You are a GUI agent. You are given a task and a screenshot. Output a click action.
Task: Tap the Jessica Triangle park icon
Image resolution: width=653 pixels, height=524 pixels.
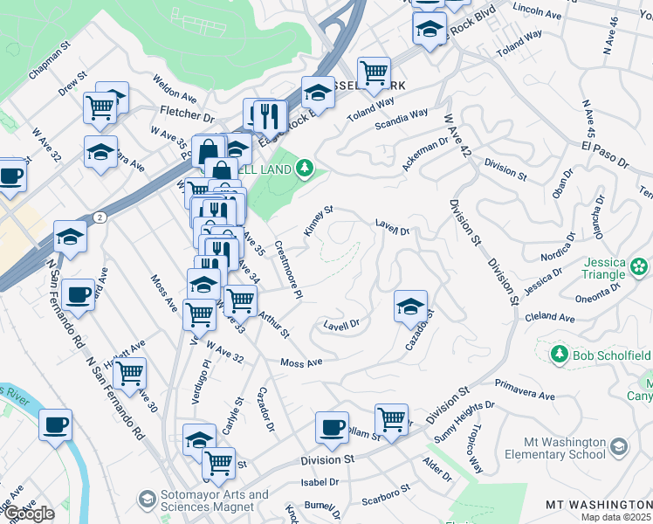pyautogui.click(x=640, y=265)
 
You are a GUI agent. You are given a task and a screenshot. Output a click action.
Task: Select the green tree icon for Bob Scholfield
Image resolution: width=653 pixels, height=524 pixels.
pyautogui.click(x=559, y=354)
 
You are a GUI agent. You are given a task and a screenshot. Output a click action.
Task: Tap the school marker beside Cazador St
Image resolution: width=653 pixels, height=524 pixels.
pyautogui.click(x=410, y=307)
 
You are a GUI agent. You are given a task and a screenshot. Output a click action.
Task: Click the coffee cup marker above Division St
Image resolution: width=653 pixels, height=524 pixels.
pyautogui.click(x=332, y=427)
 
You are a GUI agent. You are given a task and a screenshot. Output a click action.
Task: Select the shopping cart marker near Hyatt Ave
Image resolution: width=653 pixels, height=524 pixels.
pyautogui.click(x=129, y=373)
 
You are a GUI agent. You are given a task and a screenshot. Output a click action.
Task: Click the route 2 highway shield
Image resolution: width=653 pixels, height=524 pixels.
pyautogui.click(x=101, y=217)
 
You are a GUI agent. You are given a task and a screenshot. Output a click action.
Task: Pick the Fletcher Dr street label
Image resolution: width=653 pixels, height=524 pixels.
pyautogui.click(x=187, y=114)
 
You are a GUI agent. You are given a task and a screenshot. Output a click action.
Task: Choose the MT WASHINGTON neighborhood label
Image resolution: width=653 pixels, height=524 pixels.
pyautogui.click(x=598, y=505)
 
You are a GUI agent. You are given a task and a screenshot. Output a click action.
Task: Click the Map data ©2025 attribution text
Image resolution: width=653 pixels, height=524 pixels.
pyautogui.click(x=616, y=517)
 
